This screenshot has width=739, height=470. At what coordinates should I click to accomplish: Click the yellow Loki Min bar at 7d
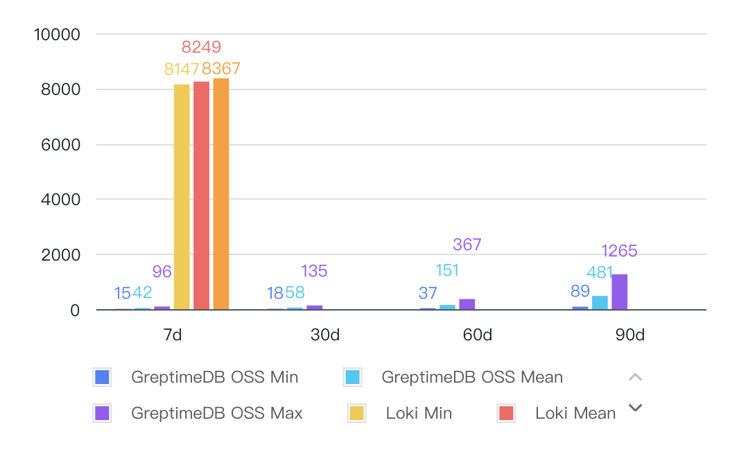coord(182,197)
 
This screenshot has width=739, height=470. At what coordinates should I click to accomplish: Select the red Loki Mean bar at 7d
coord(201,195)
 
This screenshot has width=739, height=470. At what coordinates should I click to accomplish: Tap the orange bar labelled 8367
coord(221,194)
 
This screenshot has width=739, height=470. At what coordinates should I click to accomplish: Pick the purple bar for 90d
coord(620,292)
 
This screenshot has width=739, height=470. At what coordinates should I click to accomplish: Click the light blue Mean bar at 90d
coord(600,303)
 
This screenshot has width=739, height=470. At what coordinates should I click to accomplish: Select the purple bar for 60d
coord(467,304)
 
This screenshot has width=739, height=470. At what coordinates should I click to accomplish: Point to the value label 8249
coord(201,47)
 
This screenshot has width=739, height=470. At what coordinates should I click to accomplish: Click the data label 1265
coord(619,251)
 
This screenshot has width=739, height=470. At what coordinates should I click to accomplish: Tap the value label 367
coord(467,244)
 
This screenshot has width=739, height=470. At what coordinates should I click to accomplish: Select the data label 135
coord(314,271)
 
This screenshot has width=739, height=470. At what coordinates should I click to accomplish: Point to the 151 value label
coord(447,270)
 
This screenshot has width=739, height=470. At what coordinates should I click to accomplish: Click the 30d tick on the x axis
coord(324,336)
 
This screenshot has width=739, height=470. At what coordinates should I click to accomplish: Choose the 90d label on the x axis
coord(629,336)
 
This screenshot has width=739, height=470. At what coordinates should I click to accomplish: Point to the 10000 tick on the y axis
coord(57,34)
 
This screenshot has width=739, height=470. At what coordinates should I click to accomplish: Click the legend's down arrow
coord(635,408)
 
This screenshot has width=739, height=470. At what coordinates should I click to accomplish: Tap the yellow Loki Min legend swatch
coord(357,413)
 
